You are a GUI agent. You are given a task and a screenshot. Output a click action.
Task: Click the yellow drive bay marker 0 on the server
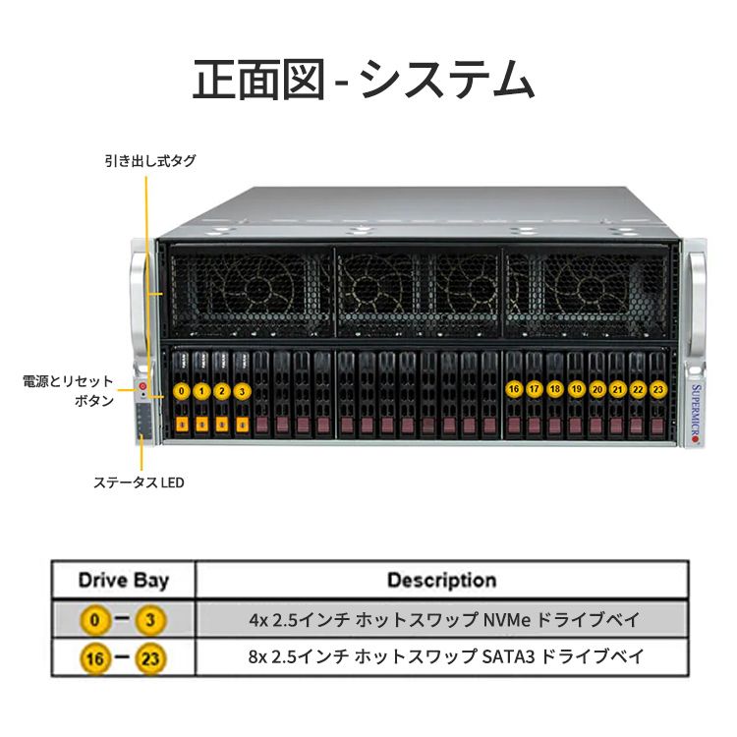[182, 391]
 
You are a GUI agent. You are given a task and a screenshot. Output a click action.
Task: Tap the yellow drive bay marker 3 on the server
[242, 391]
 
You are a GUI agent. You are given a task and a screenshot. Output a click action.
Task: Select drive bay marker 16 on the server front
[514, 389]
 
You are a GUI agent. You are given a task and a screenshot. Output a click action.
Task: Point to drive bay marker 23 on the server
[658, 389]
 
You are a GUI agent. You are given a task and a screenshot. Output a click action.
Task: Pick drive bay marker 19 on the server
[576, 389]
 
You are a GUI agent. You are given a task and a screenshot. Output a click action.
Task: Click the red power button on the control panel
[142, 386]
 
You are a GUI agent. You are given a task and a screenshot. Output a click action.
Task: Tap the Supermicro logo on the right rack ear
[696, 414]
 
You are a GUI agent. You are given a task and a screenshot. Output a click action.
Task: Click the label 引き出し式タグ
[150, 161]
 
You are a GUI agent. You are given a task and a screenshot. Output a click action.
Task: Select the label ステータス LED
[139, 482]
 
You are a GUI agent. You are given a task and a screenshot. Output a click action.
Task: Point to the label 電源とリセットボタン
[69, 390]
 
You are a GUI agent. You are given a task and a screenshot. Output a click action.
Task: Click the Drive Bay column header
[124, 581]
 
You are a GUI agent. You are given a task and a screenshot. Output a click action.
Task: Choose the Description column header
[442, 581]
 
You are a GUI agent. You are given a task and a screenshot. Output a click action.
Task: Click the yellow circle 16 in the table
[95, 658]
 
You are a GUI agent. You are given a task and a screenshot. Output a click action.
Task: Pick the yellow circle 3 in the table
[150, 620]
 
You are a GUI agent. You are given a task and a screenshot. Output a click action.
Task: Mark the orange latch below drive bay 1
[202, 425]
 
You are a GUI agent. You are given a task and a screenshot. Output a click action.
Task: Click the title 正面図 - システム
[364, 79]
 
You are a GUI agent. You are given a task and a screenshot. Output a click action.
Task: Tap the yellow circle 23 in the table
[150, 658]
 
